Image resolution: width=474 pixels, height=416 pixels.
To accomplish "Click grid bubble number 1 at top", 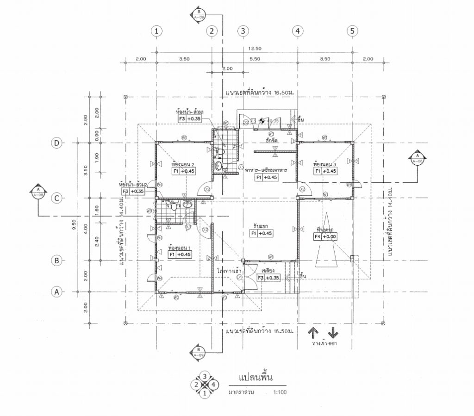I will click(157, 31).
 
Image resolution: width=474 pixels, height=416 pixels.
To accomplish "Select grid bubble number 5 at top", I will click(352, 31).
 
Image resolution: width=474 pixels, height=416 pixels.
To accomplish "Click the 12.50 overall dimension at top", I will click(255, 49).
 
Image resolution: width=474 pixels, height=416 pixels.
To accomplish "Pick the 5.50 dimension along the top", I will click(255, 59).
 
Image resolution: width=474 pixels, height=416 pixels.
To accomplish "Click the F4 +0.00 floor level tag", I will click(324, 237).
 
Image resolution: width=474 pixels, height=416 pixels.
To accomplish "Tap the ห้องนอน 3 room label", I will click(324, 164).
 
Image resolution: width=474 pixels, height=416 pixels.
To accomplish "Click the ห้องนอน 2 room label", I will click(182, 164).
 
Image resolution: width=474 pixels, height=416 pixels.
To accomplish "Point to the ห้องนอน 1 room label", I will click(180, 248).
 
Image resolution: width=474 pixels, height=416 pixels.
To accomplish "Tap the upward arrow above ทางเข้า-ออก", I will click(313, 333).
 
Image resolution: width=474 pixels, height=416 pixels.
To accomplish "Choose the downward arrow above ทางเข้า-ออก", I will click(333, 333).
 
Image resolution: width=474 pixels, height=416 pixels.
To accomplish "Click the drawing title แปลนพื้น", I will click(256, 378).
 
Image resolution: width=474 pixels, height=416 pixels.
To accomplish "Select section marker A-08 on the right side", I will click(417, 158).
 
